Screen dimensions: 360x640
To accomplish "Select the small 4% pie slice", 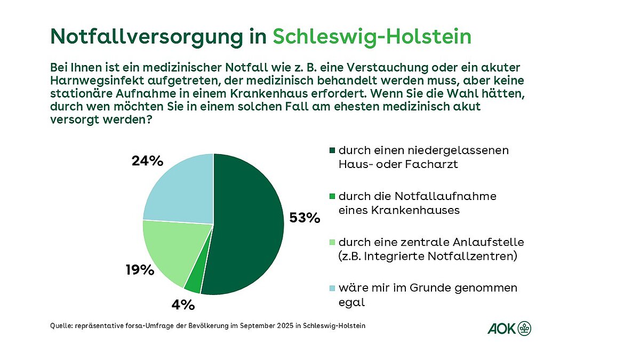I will tap(193, 282).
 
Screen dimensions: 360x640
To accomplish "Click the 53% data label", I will tap(304, 218).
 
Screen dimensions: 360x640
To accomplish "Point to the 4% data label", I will tap(183, 305).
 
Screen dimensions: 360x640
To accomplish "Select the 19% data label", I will tap(140, 270).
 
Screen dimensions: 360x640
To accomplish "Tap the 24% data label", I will tap(147, 161).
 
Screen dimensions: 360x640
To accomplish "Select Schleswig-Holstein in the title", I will tap(372, 36).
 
